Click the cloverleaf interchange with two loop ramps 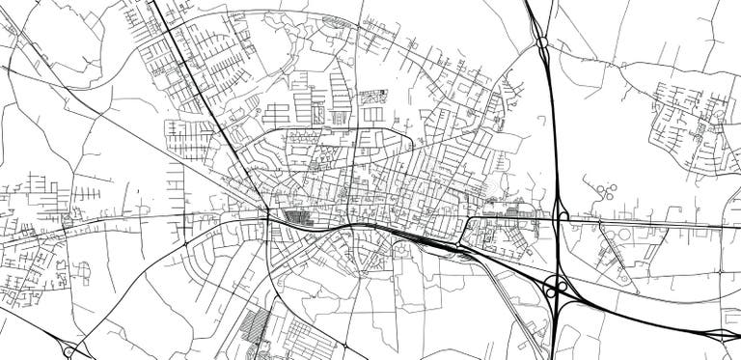click(557, 287)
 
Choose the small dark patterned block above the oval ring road click(372, 97)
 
